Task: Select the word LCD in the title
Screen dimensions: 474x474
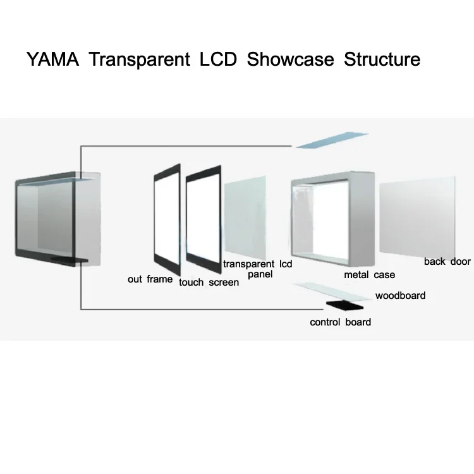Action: [218, 60]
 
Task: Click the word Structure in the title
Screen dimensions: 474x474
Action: [382, 60]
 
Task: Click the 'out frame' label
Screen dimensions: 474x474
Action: [150, 279]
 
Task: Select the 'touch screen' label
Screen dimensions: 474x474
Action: [209, 283]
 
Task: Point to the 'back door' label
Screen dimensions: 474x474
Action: [447, 262]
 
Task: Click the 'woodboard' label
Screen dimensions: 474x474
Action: [400, 295]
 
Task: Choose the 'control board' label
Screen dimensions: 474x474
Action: [340, 322]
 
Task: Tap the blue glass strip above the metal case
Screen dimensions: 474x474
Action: [332, 140]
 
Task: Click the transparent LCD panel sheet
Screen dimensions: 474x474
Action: [245, 217]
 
